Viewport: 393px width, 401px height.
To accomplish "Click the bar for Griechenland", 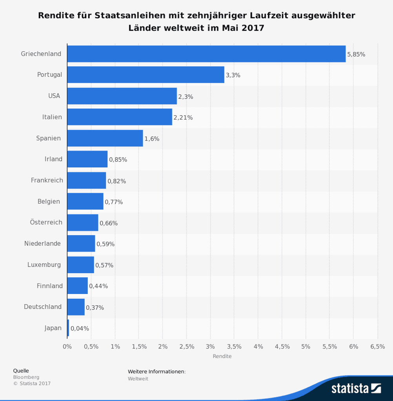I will tap(206, 54).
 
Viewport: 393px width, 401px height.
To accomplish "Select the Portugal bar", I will tap(146, 75).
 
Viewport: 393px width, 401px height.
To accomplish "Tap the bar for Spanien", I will tap(105, 138).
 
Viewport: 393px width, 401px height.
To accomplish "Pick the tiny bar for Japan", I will tap(68, 328).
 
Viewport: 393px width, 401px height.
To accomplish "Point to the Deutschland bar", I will tap(76, 307).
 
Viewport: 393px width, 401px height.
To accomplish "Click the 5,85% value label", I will tap(356, 54).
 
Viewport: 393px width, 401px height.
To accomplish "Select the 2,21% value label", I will tap(183, 118).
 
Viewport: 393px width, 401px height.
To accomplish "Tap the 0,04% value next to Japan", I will tap(80, 328).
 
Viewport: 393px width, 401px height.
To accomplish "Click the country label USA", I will tap(54, 96).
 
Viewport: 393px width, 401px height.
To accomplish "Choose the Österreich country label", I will tap(46, 222).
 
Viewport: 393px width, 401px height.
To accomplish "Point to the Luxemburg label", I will tap(44, 265).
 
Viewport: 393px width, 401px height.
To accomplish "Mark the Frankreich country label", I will tap(47, 180).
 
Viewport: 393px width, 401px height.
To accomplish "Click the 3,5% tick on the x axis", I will tap(234, 347).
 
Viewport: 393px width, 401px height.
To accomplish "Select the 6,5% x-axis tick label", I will tap(377, 347).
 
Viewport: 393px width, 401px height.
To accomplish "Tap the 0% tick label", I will tap(67, 347).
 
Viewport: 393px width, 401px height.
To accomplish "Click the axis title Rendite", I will tap(222, 356).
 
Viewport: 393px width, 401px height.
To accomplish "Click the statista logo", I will tap(356, 388).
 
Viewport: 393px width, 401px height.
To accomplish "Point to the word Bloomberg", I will tap(26, 377).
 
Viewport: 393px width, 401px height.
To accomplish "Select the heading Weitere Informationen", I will tap(156, 372).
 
